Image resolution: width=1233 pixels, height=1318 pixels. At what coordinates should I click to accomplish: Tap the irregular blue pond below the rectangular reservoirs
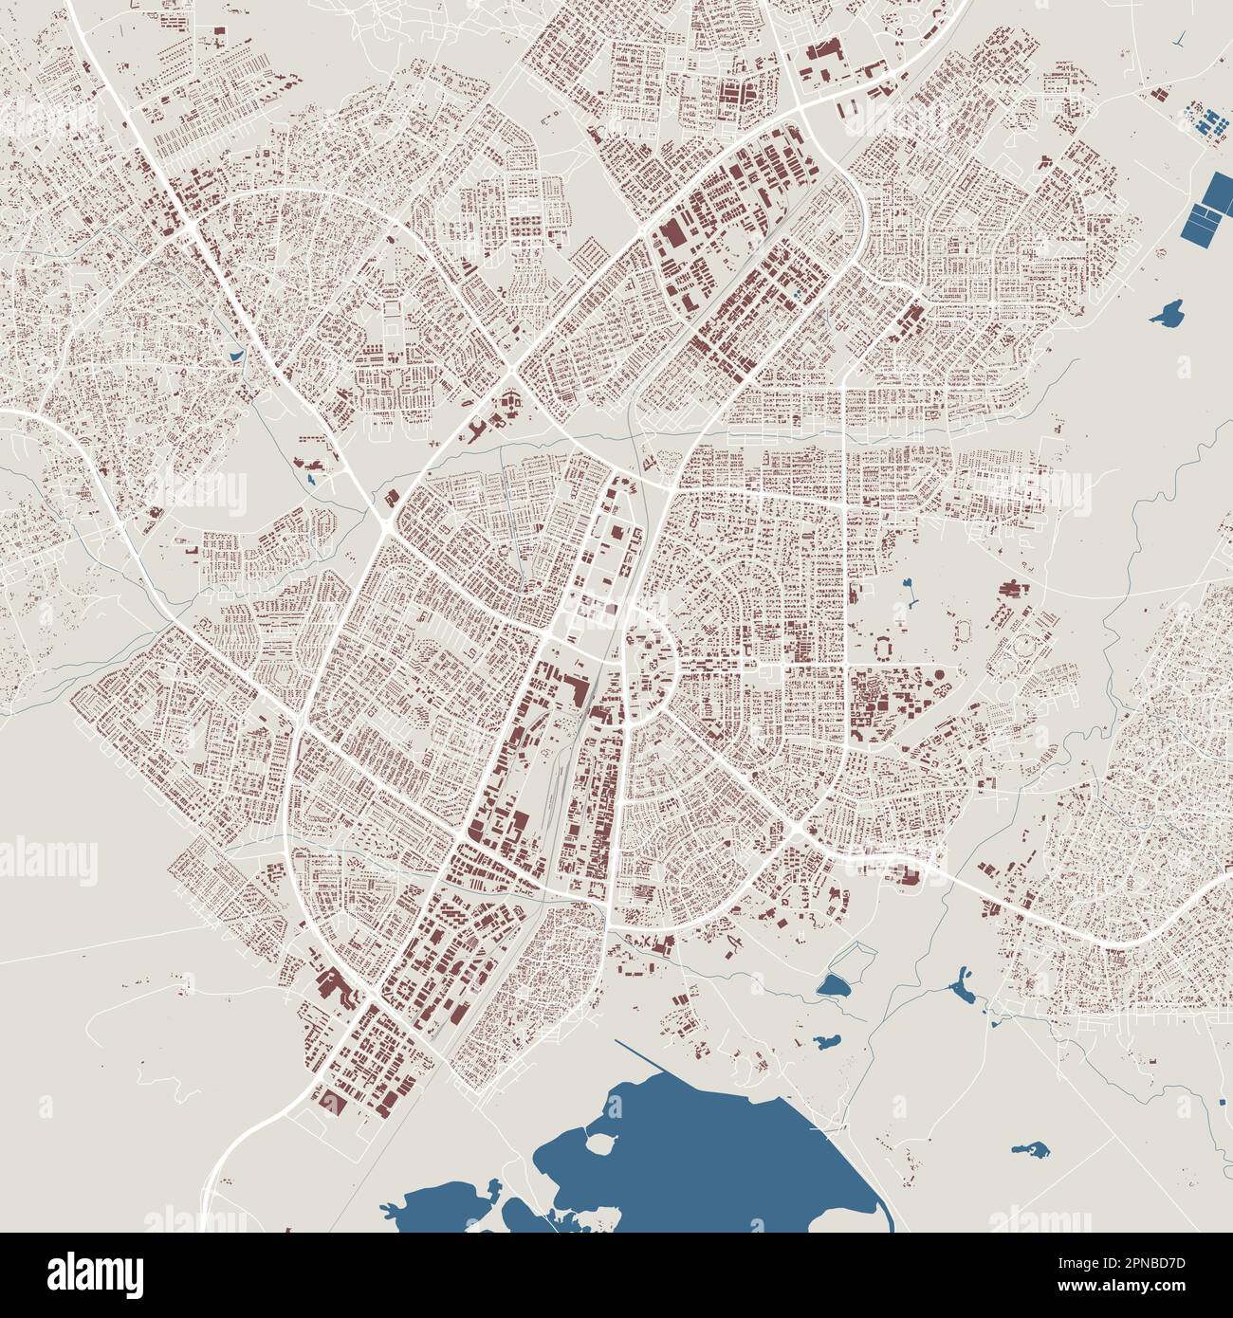pyautogui.click(x=1167, y=313)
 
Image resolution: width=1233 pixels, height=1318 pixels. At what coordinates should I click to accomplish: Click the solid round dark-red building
pyautogui.click(x=939, y=674)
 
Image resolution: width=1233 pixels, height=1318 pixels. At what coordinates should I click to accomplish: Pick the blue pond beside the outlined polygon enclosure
pyautogui.click(x=836, y=987)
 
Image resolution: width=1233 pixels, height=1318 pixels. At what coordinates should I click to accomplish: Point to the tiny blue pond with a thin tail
pyautogui.click(x=910, y=595)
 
